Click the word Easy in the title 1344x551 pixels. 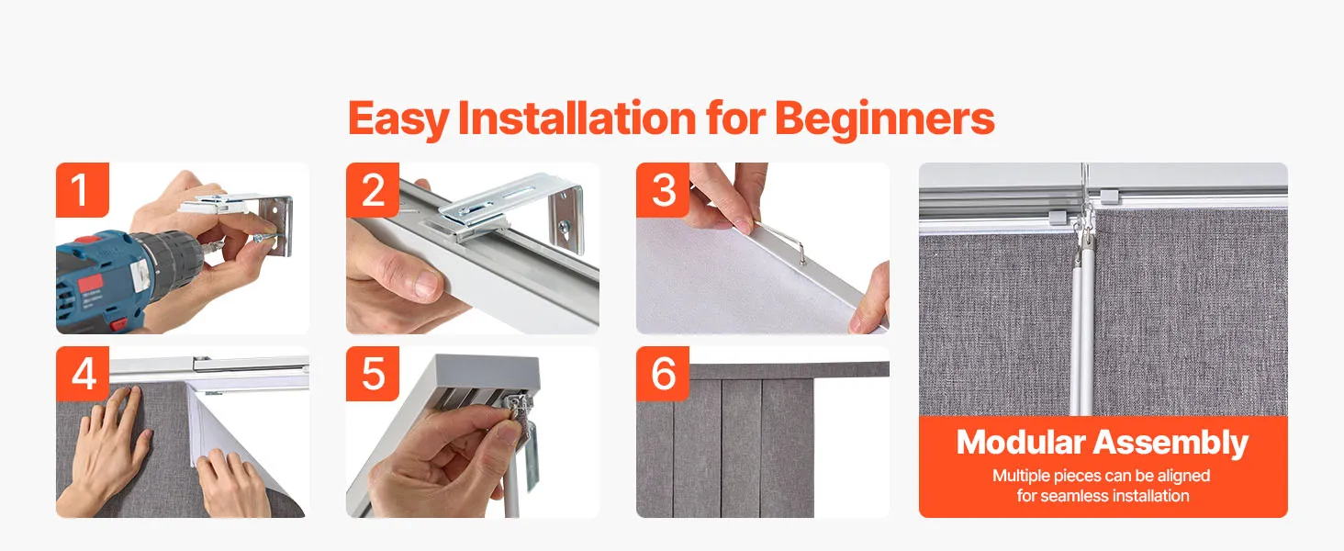click(x=398, y=119)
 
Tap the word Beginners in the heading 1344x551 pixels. click(x=884, y=119)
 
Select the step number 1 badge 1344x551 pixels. click(x=83, y=190)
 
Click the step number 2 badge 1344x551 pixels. click(x=373, y=190)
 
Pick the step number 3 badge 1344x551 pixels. click(x=663, y=190)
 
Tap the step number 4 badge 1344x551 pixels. click(x=83, y=374)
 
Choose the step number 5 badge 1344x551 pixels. click(x=373, y=374)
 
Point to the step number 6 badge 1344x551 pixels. click(x=663, y=374)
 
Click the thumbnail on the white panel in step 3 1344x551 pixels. click(x=743, y=226)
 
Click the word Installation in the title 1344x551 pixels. click(x=577, y=118)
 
